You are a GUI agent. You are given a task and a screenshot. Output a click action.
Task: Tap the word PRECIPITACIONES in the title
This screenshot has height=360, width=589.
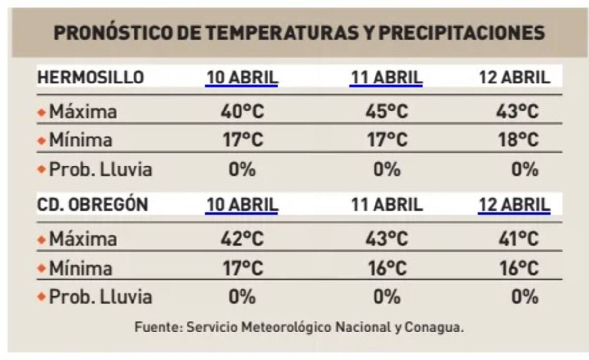tap(461, 33)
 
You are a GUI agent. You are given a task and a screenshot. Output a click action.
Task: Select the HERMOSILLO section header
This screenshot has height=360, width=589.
tap(91, 78)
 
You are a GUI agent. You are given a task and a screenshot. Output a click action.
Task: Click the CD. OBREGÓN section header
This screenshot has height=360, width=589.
tap(93, 205)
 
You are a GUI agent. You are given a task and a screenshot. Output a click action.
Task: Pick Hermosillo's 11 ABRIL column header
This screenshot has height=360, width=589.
tap(386, 78)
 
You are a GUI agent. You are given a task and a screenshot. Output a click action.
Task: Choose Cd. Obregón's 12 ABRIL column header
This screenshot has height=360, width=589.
tap(514, 205)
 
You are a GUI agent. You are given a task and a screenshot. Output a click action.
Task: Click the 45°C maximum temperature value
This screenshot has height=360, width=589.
tap(386, 111)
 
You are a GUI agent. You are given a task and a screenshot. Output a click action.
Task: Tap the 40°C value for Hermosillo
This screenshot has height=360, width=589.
tap(242, 111)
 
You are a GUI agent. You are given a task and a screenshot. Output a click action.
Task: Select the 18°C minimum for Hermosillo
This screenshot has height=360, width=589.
tap(517, 140)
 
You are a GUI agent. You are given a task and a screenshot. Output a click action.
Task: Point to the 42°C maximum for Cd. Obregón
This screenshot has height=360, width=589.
tap(242, 239)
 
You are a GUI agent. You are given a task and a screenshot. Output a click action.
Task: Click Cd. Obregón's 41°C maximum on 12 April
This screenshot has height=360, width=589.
tap(517, 239)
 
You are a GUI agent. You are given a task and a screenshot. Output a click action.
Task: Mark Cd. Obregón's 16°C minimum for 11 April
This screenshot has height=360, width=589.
tap(386, 268)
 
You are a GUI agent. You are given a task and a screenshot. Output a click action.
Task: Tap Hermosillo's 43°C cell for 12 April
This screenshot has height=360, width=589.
tap(517, 111)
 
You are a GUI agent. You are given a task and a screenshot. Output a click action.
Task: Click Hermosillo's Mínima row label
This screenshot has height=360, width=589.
tap(80, 140)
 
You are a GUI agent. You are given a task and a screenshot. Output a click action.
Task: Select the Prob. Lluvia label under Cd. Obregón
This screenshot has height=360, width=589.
tap(100, 297)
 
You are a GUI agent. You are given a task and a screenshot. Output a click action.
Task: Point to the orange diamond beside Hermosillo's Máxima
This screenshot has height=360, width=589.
tap(42, 112)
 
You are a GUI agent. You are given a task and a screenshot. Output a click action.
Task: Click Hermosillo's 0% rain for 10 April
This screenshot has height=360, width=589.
tap(242, 170)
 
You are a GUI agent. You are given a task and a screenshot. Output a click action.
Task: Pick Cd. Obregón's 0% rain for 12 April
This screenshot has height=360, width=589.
tap(525, 297)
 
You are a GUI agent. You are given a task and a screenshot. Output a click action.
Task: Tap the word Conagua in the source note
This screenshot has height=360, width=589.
tap(434, 328)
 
